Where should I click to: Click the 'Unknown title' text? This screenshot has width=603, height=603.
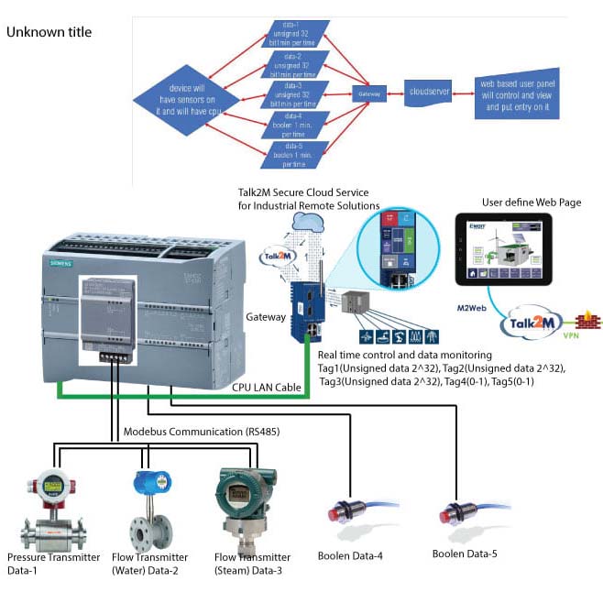coord(49,32)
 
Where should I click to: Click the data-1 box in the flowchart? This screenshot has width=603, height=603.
coord(295,34)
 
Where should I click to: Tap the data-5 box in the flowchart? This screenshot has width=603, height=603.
coord(295,154)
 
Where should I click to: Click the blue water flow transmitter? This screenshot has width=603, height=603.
coord(148,509)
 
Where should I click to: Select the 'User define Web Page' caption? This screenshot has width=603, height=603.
coord(531,202)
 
